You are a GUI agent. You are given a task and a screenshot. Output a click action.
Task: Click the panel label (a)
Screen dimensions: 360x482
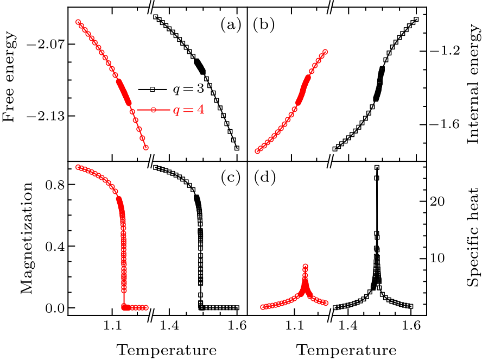point(230,24)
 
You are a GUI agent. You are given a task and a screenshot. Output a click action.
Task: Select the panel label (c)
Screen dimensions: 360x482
point(230,178)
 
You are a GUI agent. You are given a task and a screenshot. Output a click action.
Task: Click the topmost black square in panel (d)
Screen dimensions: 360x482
point(377,168)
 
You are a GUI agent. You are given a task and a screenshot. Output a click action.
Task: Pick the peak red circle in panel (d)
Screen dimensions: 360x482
point(306,267)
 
